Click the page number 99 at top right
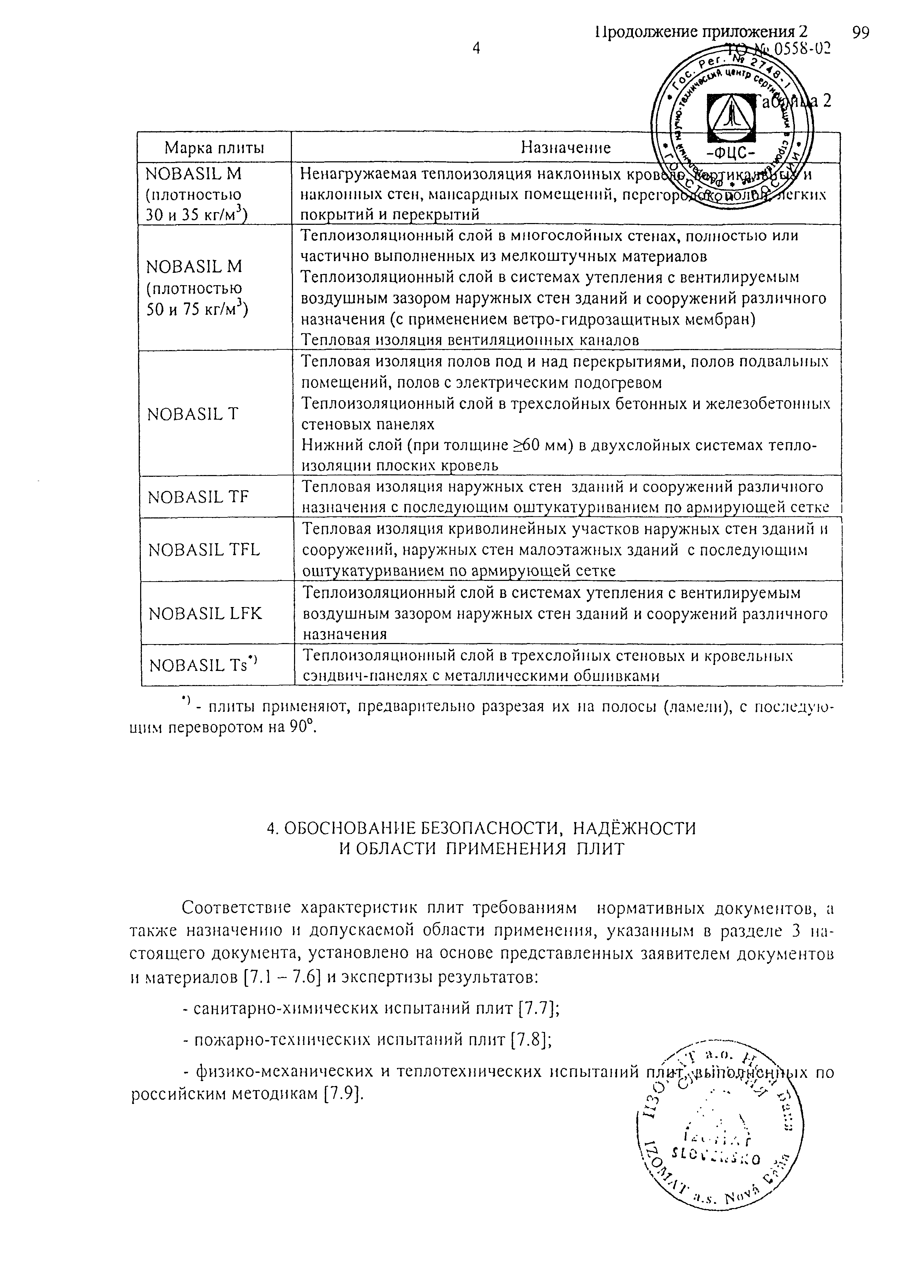(860, 34)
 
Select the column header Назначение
(565, 147)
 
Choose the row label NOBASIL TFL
(204, 550)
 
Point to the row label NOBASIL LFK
(205, 613)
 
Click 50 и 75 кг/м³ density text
(197, 309)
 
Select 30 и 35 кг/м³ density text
(197, 215)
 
